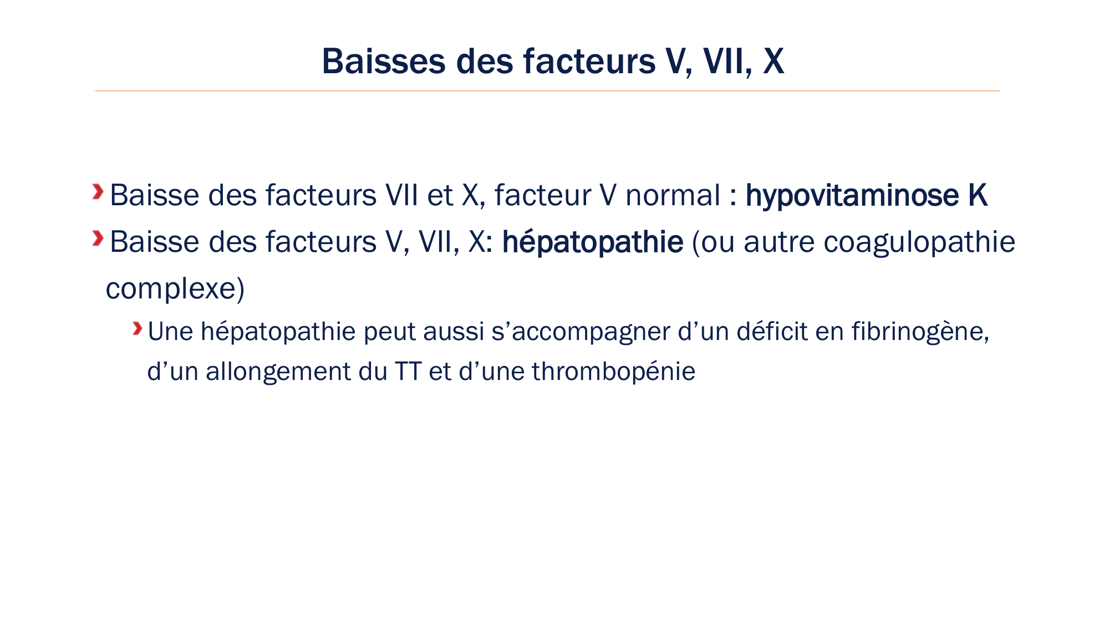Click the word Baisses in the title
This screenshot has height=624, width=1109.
pyautogui.click(x=383, y=61)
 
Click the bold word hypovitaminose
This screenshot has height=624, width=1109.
pyautogui.click(x=852, y=195)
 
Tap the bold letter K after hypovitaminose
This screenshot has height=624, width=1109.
pyautogui.click(x=978, y=195)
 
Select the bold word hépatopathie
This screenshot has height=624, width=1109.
pyautogui.click(x=592, y=242)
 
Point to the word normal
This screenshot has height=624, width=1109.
pyautogui.click(x=673, y=195)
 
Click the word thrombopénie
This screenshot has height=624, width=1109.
pyautogui.click(x=613, y=372)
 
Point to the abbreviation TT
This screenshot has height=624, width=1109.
pyautogui.click(x=408, y=372)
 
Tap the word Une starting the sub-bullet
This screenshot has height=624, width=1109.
pyautogui.click(x=170, y=332)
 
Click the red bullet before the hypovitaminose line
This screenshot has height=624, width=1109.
pyautogui.click(x=98, y=192)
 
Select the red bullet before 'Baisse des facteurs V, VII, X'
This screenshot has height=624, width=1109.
pyautogui.click(x=98, y=239)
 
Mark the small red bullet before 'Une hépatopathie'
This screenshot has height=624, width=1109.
pyautogui.click(x=137, y=329)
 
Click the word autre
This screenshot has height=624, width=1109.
pyautogui.click(x=779, y=242)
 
